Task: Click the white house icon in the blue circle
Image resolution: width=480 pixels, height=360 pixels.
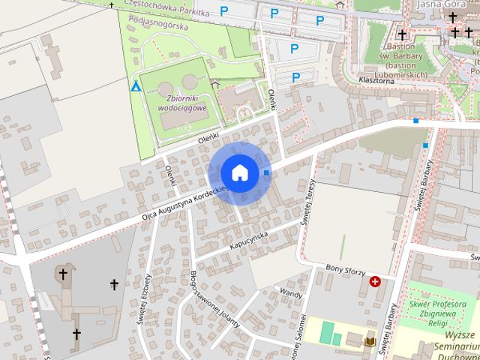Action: click(239, 172)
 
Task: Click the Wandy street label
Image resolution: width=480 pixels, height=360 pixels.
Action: click(291, 291)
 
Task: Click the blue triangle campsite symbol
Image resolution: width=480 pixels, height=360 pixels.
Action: click(136, 87)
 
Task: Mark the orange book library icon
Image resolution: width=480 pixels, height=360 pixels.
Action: click(370, 343)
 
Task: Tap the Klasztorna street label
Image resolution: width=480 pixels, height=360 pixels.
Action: click(376, 79)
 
